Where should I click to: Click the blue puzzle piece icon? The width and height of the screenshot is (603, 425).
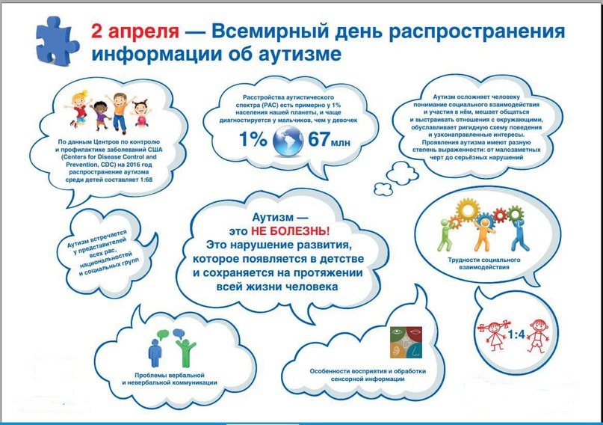pos(57,41)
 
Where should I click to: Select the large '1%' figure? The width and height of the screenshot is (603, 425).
pos(253,139)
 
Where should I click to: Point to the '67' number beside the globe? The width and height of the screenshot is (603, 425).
pos(319,139)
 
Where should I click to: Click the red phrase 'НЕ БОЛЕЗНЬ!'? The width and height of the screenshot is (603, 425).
pos(291,231)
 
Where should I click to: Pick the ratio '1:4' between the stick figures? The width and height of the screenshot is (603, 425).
pos(516,334)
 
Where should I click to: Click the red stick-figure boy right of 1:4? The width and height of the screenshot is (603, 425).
pos(538,336)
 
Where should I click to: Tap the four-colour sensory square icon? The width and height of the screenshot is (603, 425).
pos(406,342)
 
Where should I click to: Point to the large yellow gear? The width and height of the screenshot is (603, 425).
pos(468,210)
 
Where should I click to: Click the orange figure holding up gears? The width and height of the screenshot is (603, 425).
pos(483,234)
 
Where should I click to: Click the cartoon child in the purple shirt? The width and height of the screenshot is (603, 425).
pos(101,115)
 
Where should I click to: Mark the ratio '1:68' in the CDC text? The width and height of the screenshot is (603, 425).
pos(145,180)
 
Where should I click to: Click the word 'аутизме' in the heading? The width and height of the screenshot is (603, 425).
pos(299,54)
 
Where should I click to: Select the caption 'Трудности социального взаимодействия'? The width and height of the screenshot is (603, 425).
pos(483,263)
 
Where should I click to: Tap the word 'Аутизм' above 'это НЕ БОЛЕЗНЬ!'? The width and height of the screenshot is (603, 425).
pos(272,218)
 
